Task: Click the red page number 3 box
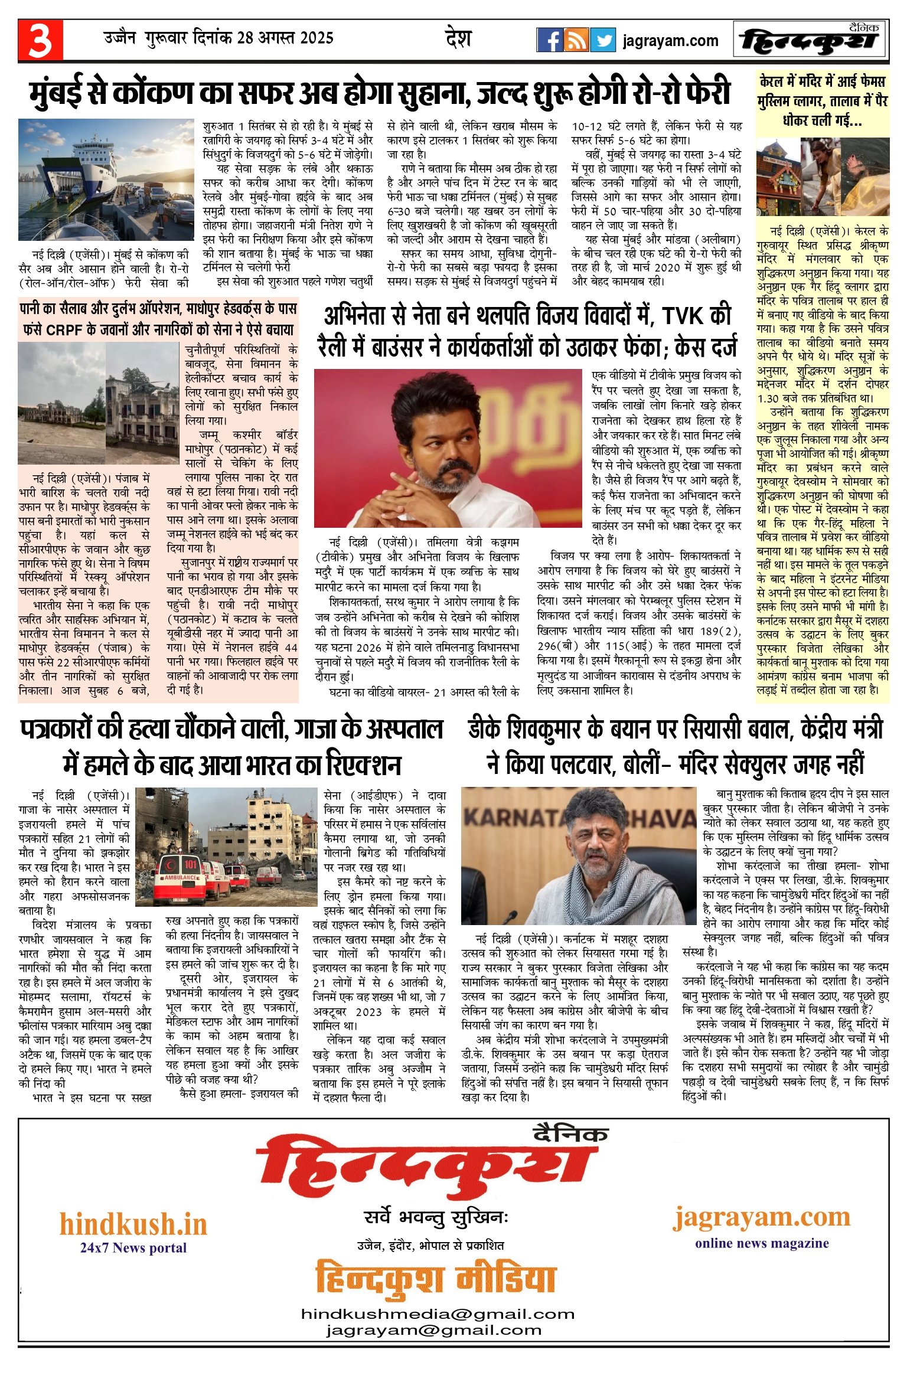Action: [40, 40]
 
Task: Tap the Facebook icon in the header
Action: [549, 40]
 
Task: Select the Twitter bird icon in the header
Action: [602, 40]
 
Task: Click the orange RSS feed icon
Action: [576, 40]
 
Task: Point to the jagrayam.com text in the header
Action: [670, 41]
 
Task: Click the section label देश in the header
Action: [458, 39]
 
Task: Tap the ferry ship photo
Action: [106, 179]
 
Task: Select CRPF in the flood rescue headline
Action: [64, 329]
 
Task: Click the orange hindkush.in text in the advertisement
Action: [133, 1224]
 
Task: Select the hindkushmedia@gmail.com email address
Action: [438, 1314]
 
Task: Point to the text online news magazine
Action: [762, 1243]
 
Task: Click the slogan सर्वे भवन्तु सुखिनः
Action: [436, 1218]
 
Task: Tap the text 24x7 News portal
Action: [133, 1247]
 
